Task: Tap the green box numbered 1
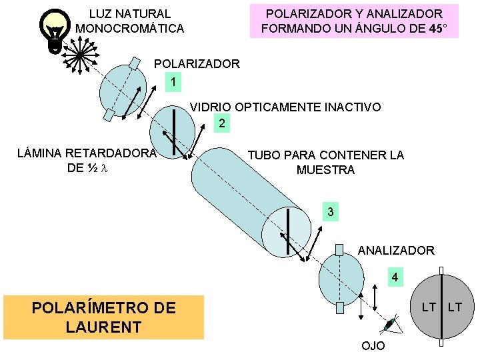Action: (x=173, y=81)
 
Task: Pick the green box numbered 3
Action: (x=329, y=213)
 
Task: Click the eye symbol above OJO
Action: (x=390, y=325)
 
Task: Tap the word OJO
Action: (x=373, y=346)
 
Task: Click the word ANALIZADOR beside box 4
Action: (x=396, y=251)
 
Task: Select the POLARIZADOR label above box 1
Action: (x=197, y=64)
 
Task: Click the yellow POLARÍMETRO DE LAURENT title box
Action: (x=104, y=317)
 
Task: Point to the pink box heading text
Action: (x=354, y=21)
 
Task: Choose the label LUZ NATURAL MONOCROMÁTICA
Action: (x=130, y=21)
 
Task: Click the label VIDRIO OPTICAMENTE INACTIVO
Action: (x=286, y=107)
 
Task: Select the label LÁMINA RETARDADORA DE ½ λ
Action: (x=87, y=160)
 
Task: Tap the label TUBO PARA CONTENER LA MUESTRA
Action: (x=325, y=163)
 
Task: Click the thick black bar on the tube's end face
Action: (x=289, y=231)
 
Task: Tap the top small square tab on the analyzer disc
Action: (x=340, y=249)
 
